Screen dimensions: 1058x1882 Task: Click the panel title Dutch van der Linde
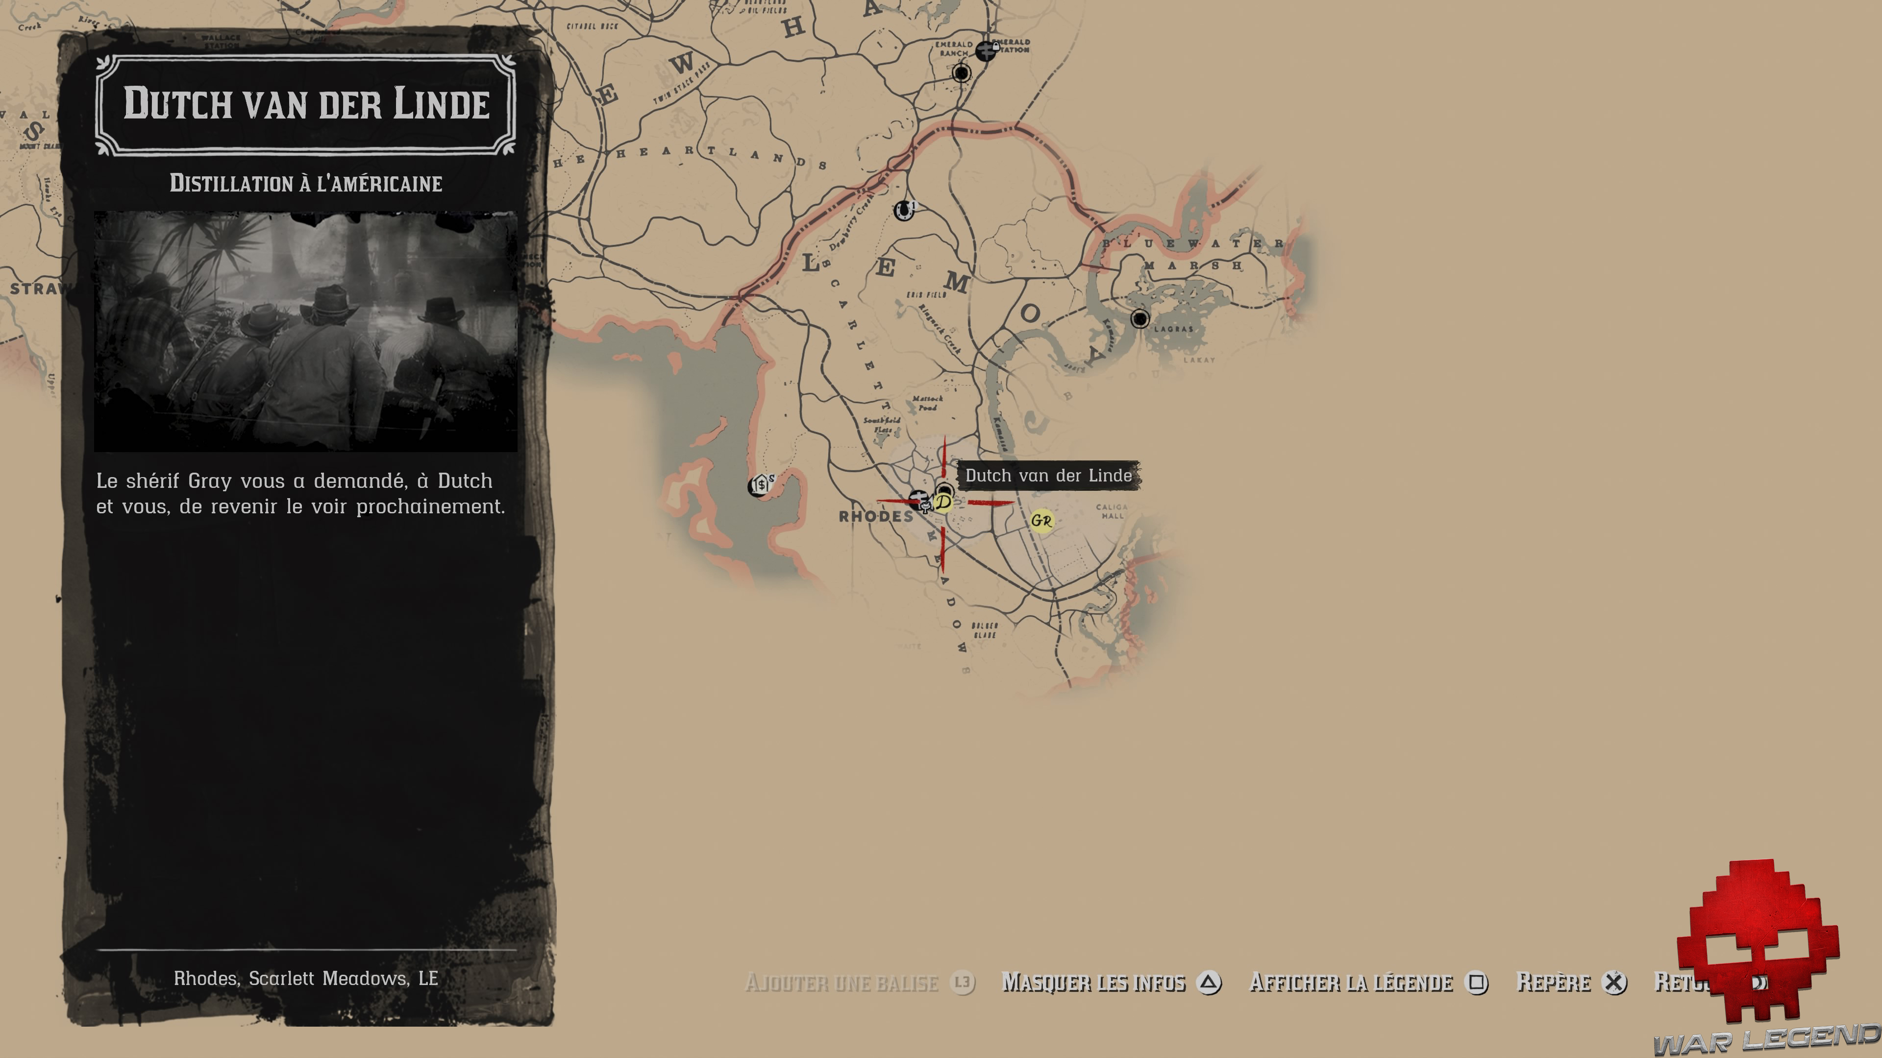[x=306, y=104]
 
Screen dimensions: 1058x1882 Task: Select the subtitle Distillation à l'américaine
[x=306, y=183]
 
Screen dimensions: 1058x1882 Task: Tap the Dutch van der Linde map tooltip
[x=1048, y=475]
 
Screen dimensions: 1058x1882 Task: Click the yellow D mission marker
[x=943, y=503]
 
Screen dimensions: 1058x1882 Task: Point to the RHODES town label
[x=876, y=517]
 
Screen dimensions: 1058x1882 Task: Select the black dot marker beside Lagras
[x=1139, y=318]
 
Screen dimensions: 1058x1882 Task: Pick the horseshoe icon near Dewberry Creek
[x=904, y=210]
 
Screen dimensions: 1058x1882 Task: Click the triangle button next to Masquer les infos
[x=1209, y=983]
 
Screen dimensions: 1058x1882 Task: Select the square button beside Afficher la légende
[x=1477, y=983]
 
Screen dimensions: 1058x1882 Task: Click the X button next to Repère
[x=1614, y=983]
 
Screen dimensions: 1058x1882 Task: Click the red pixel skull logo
[x=1757, y=942]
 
